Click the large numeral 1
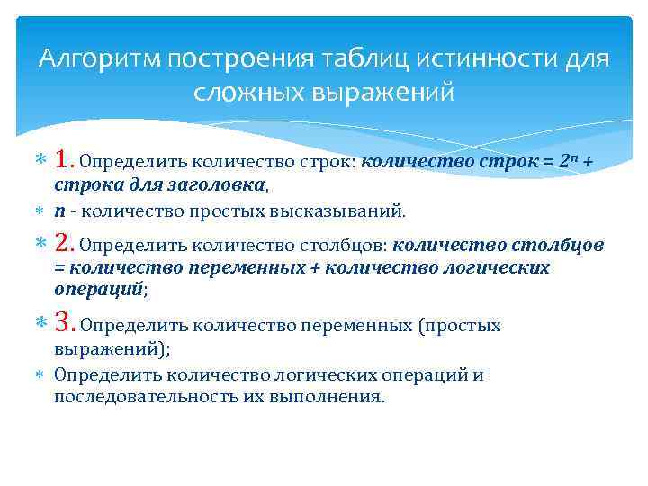(64, 160)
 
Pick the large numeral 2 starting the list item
(65, 243)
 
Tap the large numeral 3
(65, 324)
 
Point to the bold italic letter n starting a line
(58, 211)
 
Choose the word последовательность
(148, 397)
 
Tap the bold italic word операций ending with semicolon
(99, 291)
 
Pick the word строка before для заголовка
(83, 185)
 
